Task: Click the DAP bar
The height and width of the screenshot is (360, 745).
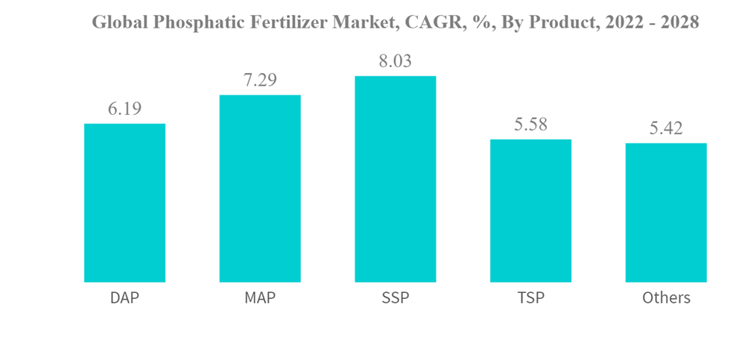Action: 124,203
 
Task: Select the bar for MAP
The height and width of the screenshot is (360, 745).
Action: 260,189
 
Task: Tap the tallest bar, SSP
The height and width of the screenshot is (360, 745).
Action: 395,179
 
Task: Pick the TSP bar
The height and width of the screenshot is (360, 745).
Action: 530,211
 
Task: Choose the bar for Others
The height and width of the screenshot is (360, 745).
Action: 666,212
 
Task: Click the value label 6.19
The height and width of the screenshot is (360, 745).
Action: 124,110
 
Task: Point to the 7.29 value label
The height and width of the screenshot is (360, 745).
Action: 260,80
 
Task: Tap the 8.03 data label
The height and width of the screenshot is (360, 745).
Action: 395,61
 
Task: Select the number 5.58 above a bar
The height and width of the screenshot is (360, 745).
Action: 530,124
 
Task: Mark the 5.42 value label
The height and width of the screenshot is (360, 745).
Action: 666,129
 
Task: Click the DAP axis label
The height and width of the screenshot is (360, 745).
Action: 124,298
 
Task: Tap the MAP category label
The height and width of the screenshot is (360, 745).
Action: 260,298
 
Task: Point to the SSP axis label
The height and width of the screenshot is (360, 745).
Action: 395,298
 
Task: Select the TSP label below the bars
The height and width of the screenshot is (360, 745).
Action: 530,298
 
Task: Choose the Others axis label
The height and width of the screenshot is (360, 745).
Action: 666,298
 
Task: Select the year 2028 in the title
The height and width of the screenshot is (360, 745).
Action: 678,23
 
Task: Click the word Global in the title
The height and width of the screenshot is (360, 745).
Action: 119,23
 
